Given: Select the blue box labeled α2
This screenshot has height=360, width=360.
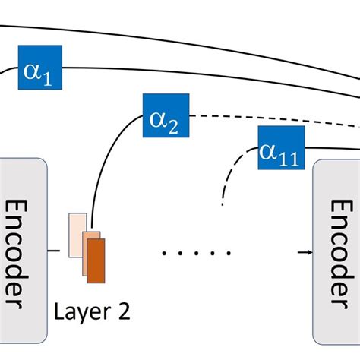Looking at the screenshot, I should tap(166, 115).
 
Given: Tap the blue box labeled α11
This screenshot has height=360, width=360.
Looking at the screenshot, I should tap(282, 148).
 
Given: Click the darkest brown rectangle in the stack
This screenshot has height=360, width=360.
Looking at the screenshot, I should tap(96, 261).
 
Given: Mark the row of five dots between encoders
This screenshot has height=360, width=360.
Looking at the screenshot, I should tap(197, 253).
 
